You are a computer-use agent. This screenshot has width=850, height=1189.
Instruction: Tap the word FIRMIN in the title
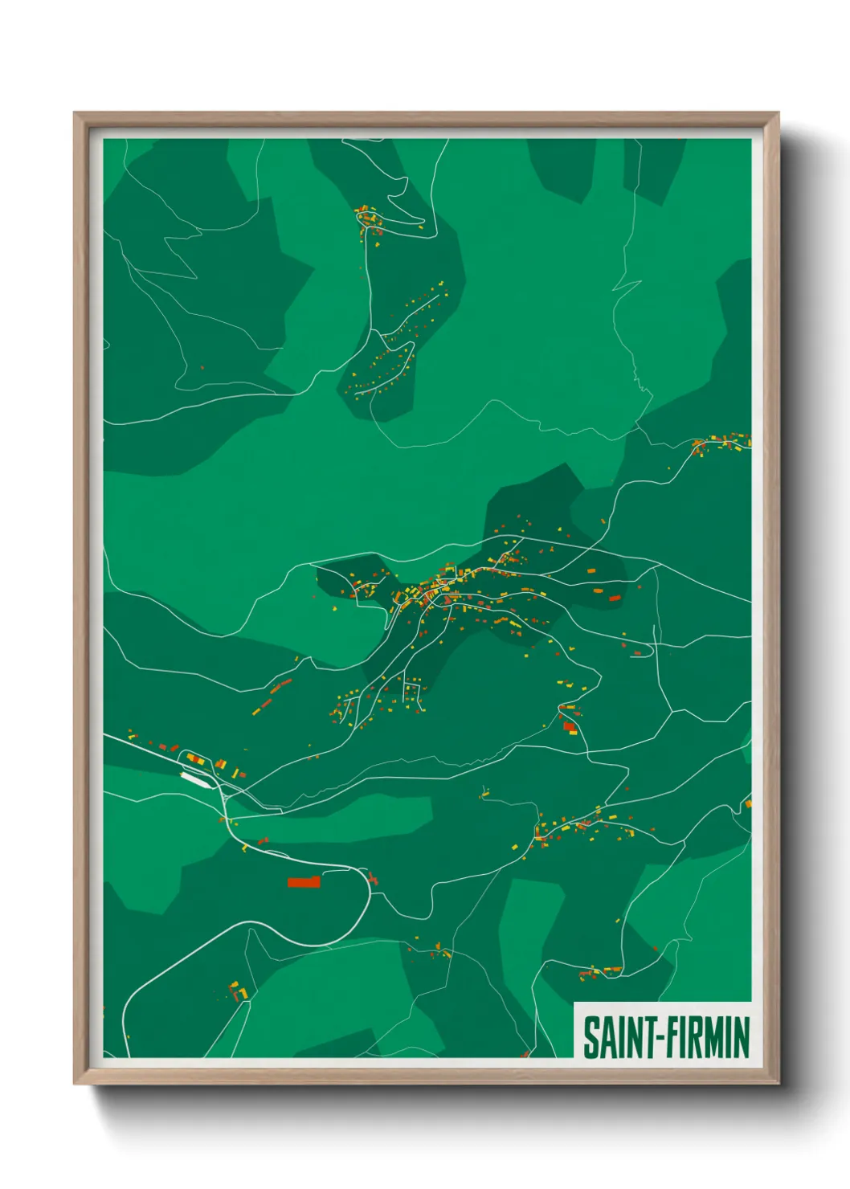(x=705, y=1037)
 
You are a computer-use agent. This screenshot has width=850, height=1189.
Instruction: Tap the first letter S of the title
(x=591, y=1037)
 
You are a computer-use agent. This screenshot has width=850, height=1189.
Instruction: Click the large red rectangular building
(x=304, y=882)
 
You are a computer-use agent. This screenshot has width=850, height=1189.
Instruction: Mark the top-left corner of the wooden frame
(x=75, y=113)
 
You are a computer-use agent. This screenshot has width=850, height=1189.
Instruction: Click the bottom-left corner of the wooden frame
(x=75, y=1084)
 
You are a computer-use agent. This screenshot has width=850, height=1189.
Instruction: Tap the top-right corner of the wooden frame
(x=778, y=113)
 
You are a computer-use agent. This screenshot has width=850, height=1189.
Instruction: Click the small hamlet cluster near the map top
(x=369, y=219)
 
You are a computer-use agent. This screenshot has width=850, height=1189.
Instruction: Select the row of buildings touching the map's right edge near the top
(x=723, y=442)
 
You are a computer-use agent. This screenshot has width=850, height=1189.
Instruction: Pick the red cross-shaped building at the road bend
(x=372, y=878)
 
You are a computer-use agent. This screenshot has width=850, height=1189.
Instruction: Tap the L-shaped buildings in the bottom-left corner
(x=239, y=991)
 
